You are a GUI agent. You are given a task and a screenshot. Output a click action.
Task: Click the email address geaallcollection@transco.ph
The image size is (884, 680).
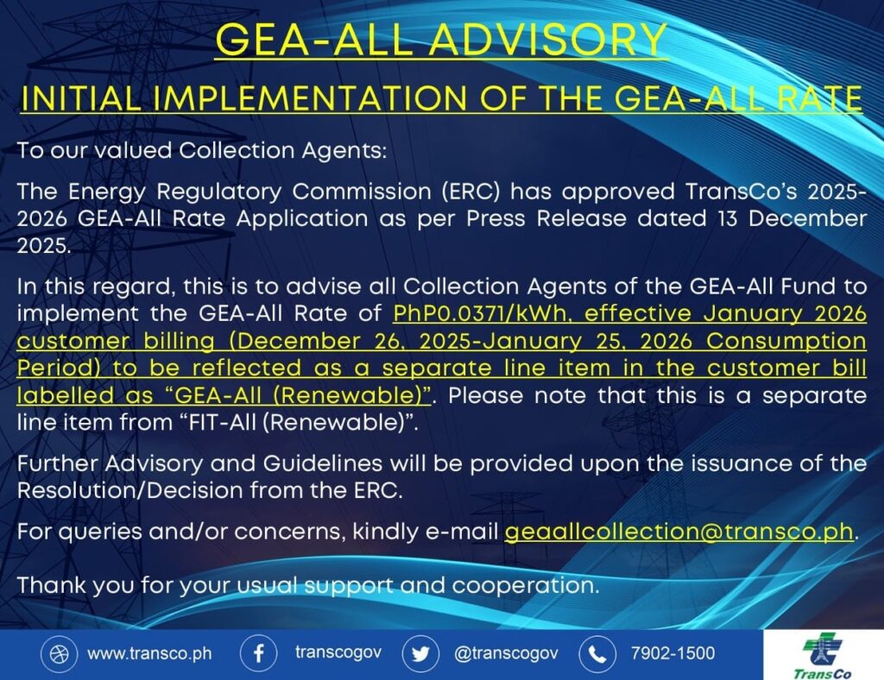(x=679, y=532)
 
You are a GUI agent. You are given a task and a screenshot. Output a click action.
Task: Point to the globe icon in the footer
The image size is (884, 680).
(x=60, y=653)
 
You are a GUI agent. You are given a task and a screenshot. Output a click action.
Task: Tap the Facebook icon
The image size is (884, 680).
(x=258, y=653)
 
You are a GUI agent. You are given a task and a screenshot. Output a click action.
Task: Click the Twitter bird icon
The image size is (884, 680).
(x=420, y=653)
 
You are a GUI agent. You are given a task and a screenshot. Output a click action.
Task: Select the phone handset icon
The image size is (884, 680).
(x=597, y=653)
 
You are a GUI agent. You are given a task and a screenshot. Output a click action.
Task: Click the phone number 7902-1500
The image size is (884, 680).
(x=672, y=653)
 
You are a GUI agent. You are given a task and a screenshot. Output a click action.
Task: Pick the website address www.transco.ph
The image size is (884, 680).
(x=149, y=653)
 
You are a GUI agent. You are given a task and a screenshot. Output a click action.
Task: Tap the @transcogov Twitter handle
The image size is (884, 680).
(x=506, y=653)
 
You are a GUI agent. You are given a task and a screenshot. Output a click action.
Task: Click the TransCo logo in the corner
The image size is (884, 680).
(x=823, y=655)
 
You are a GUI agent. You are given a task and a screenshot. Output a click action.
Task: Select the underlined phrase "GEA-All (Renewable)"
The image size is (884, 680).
(x=298, y=395)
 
